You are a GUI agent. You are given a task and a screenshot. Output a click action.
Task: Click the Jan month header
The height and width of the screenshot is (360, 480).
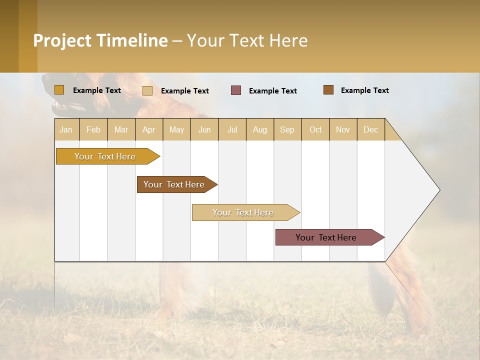(66, 129)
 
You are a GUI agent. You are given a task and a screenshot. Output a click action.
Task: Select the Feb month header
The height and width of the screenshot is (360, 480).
(93, 129)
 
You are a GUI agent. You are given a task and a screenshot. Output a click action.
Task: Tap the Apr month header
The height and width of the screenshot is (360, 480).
(149, 129)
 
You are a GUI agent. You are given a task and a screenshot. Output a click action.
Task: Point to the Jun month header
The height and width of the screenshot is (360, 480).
(204, 129)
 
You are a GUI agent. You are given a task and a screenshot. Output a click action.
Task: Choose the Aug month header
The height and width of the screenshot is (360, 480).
(260, 129)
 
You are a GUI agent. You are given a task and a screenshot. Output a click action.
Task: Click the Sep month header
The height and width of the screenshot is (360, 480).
(287, 129)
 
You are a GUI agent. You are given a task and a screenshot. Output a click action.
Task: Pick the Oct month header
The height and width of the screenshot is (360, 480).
(315, 129)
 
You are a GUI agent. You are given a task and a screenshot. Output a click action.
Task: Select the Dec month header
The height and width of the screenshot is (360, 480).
(371, 129)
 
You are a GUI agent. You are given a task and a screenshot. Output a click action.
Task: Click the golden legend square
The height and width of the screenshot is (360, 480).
(59, 90)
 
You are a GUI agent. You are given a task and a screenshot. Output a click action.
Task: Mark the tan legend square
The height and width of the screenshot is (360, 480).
(147, 90)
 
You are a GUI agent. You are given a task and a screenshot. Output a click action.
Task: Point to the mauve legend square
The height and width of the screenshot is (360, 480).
(236, 90)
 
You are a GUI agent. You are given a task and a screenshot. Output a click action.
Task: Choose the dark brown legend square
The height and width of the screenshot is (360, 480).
(328, 90)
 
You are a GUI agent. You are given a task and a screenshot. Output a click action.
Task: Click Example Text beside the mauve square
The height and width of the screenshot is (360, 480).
(273, 91)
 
